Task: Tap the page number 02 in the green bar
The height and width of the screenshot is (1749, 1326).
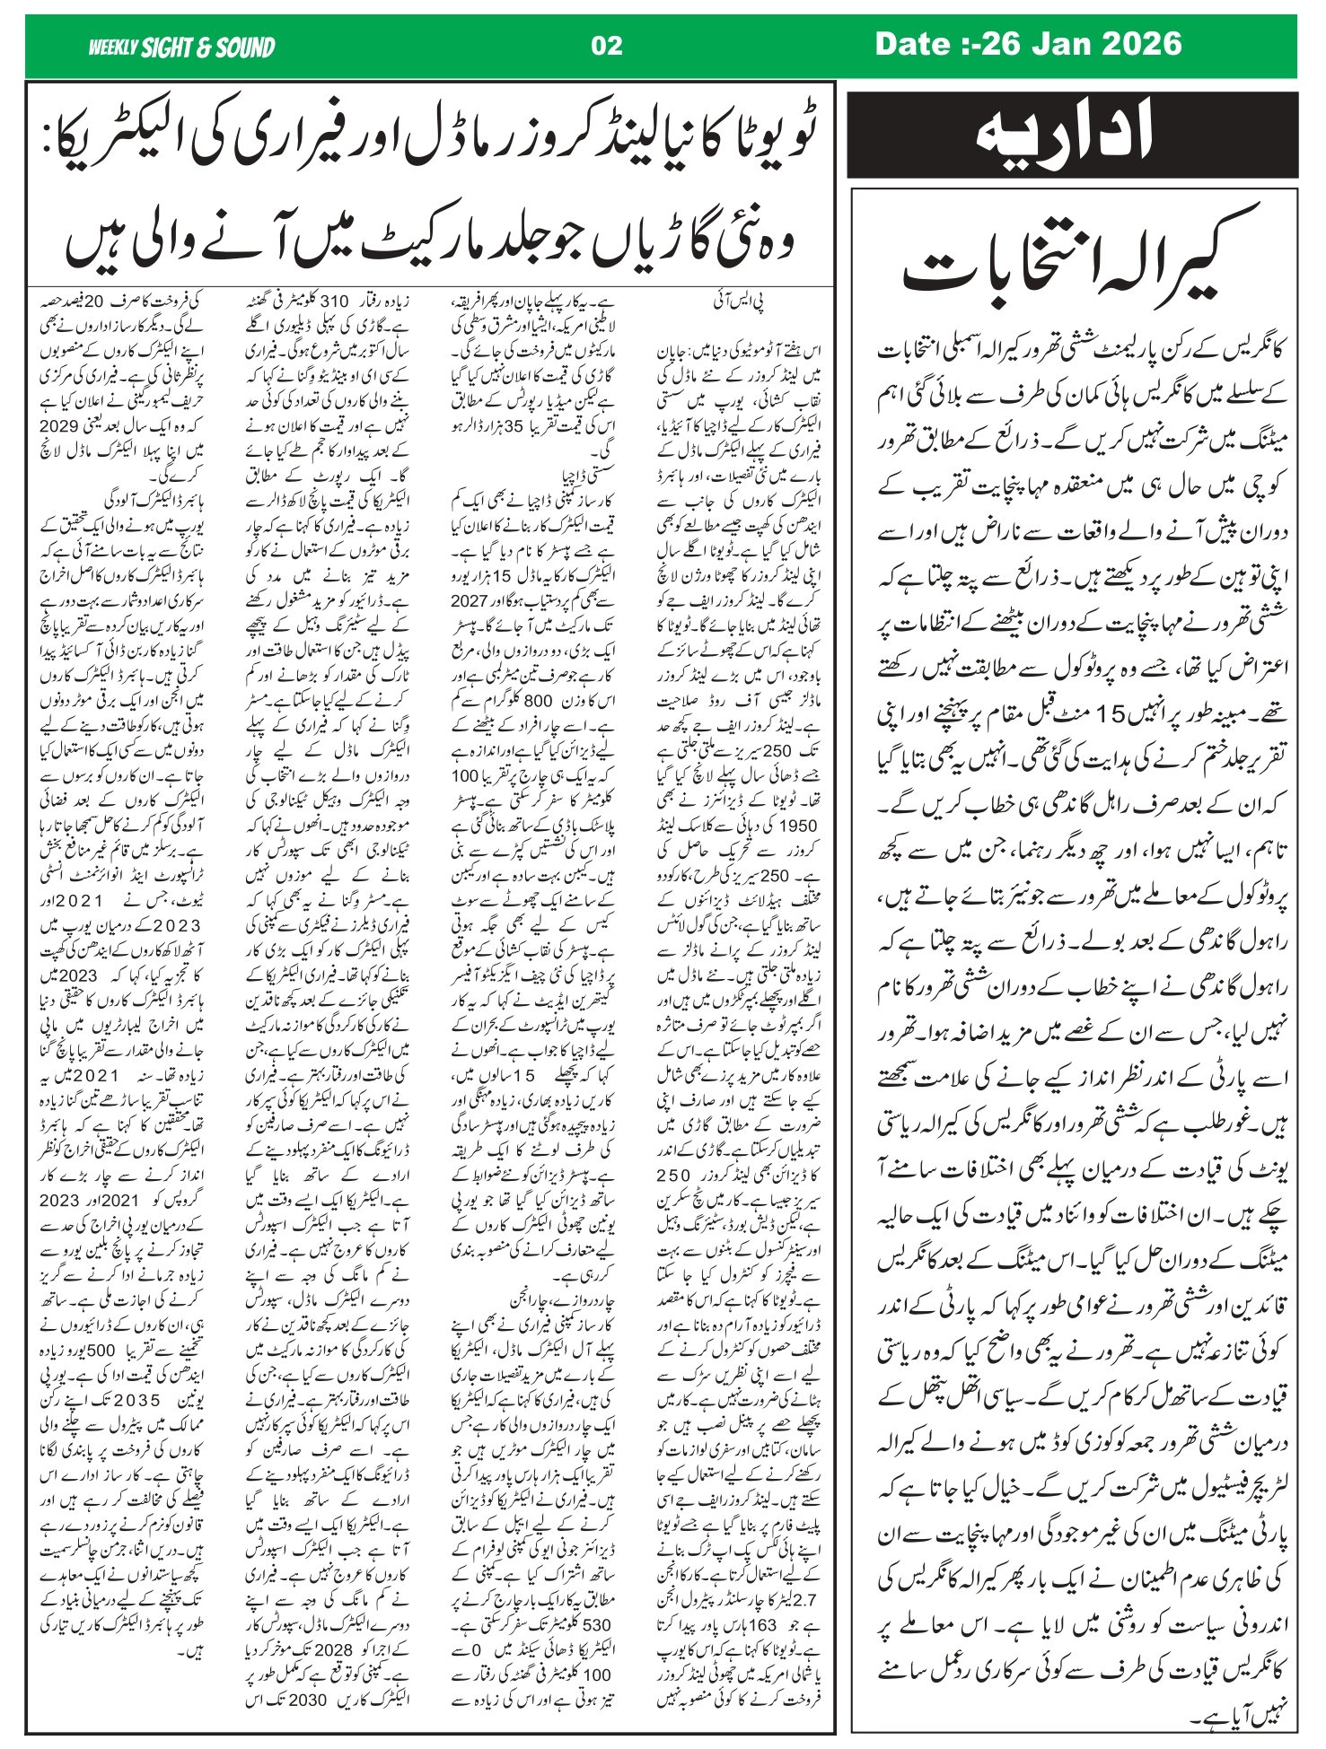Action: coord(607,46)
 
